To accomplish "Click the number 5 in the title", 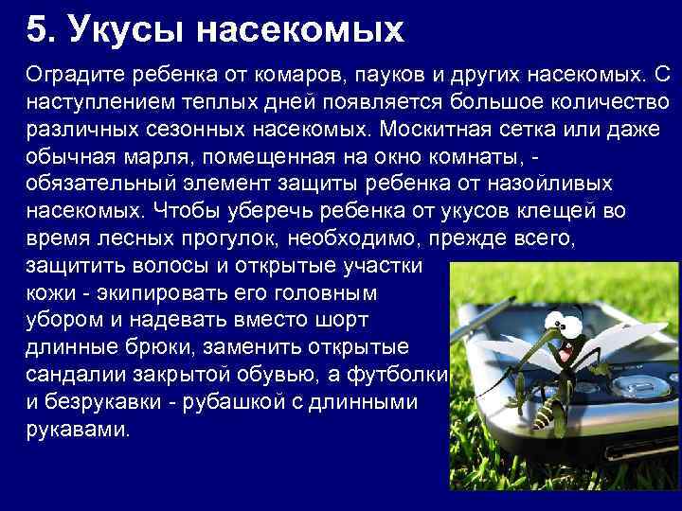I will click(x=36, y=29).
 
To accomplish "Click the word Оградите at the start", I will click(x=72, y=73).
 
